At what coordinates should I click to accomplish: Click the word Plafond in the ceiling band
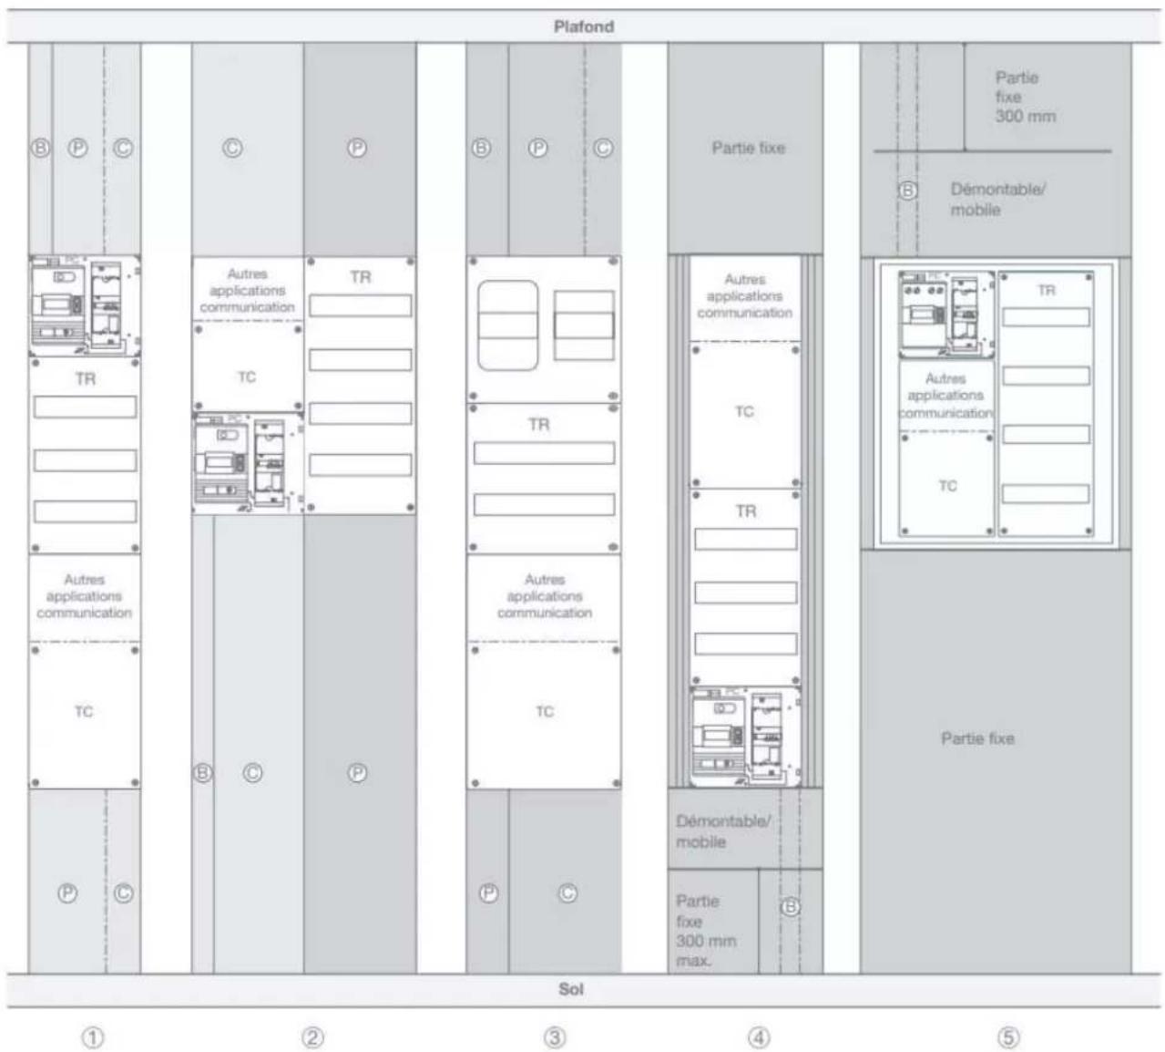pyautogui.click(x=583, y=26)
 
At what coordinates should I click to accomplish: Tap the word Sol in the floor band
pyautogui.click(x=571, y=989)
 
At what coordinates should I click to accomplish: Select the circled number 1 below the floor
pyautogui.click(x=93, y=1037)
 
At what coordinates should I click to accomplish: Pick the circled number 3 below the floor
pyautogui.click(x=554, y=1037)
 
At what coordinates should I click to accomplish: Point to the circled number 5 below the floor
pyautogui.click(x=1008, y=1037)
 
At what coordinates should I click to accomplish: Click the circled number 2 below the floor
pyautogui.click(x=312, y=1037)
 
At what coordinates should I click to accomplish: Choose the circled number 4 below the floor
pyautogui.click(x=759, y=1037)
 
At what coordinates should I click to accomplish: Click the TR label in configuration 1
pyautogui.click(x=86, y=379)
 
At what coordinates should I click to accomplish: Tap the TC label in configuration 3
pyautogui.click(x=544, y=711)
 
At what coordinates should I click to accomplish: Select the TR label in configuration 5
pyautogui.click(x=1046, y=290)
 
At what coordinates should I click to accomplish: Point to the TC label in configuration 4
pyautogui.click(x=744, y=411)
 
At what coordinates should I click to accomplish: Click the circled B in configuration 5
pyautogui.click(x=907, y=190)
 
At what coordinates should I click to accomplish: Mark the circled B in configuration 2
pyautogui.click(x=202, y=772)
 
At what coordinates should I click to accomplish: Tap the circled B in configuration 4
pyautogui.click(x=790, y=906)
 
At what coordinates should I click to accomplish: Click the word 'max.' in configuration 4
pyautogui.click(x=693, y=960)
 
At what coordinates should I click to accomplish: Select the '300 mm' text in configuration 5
pyautogui.click(x=1025, y=117)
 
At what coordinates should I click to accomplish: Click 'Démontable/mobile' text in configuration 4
pyautogui.click(x=723, y=831)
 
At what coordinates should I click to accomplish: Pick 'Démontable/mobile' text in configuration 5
pyautogui.click(x=997, y=200)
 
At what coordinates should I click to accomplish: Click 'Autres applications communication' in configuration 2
pyautogui.click(x=248, y=290)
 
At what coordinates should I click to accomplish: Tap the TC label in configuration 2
pyautogui.click(x=247, y=377)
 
